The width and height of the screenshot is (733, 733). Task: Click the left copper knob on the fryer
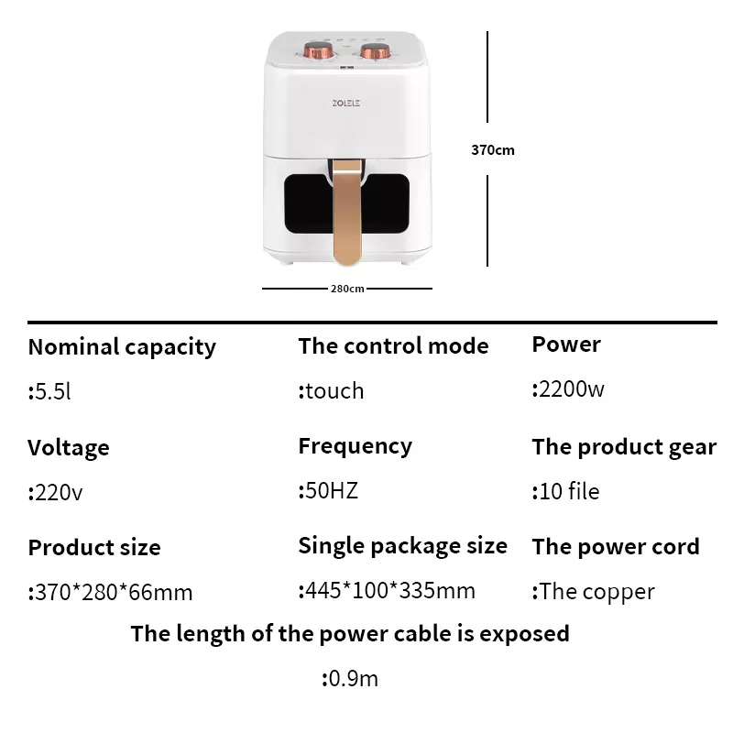click(x=318, y=50)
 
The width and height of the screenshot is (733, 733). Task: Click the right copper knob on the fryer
click(x=375, y=51)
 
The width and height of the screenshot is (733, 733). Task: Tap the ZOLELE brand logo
click(x=346, y=103)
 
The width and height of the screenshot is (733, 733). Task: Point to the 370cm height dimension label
click(x=493, y=150)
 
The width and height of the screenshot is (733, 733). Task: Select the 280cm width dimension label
click(x=347, y=289)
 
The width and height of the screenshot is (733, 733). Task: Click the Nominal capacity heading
click(x=122, y=348)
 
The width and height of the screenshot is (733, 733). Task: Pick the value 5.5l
click(x=49, y=391)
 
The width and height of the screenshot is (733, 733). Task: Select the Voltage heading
click(x=69, y=448)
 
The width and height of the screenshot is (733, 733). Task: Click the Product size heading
click(x=94, y=547)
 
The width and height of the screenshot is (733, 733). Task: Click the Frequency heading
click(x=356, y=447)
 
